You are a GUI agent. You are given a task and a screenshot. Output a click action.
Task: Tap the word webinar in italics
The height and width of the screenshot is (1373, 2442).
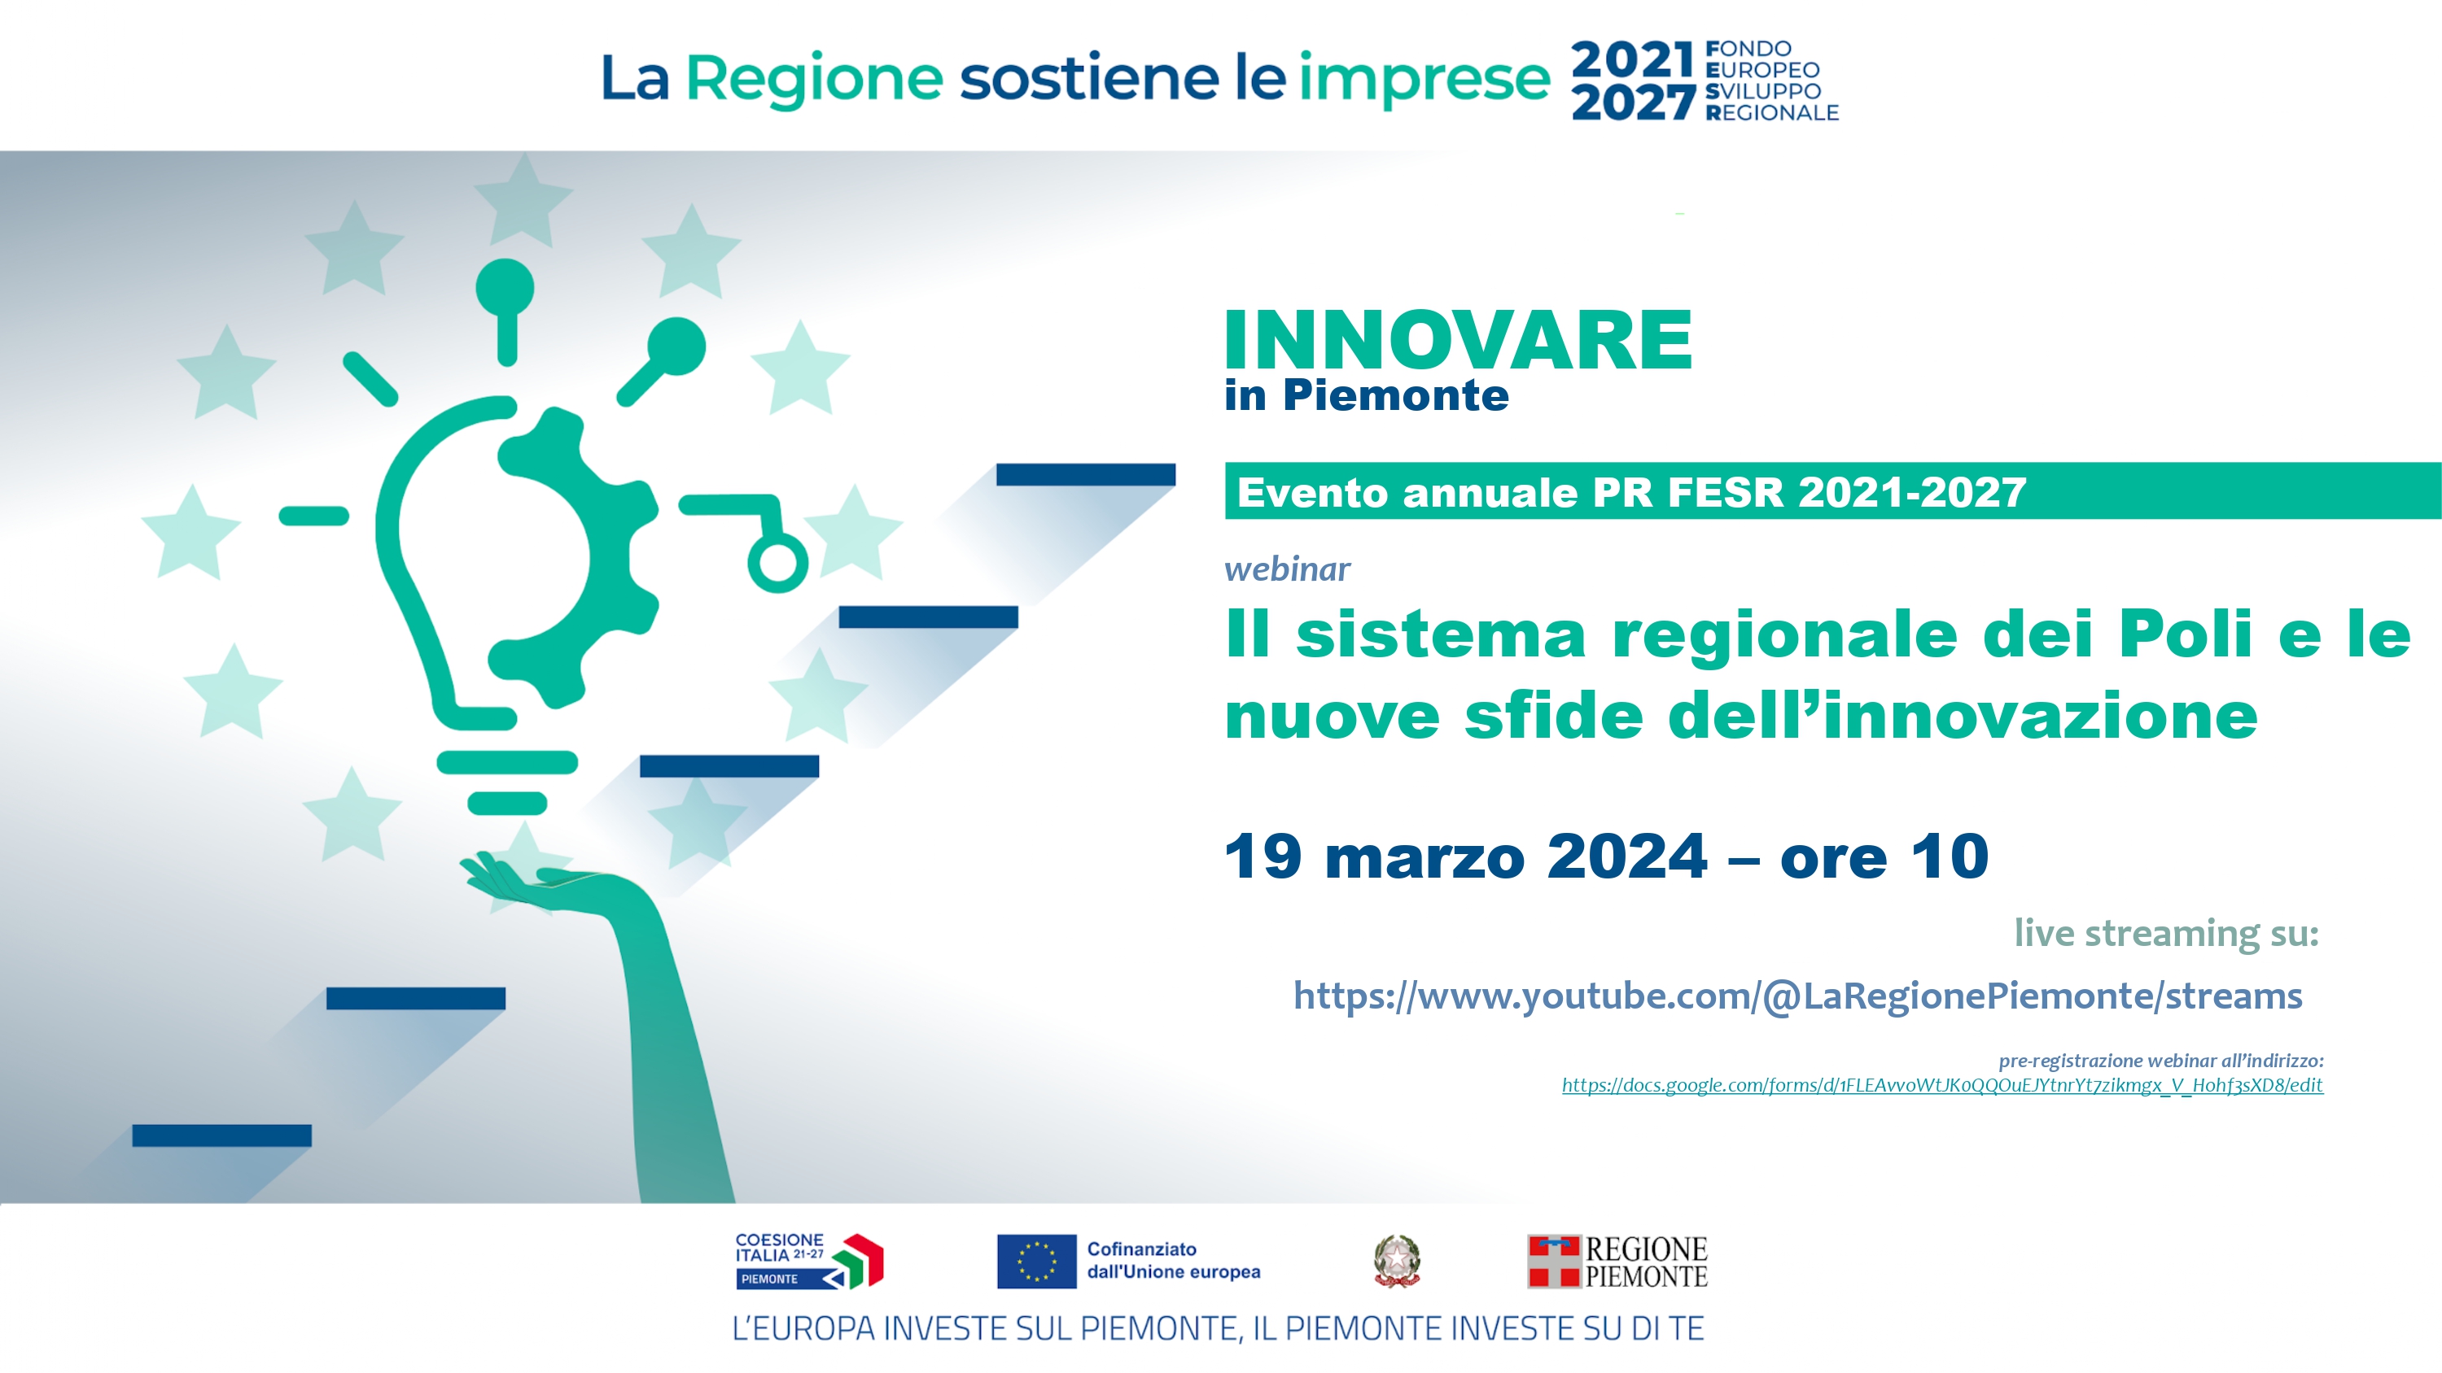click(1286, 569)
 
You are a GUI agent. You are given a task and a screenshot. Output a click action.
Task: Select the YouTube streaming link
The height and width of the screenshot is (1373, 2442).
click(1797, 996)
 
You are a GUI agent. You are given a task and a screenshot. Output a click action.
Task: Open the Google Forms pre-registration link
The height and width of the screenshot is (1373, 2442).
click(1942, 1085)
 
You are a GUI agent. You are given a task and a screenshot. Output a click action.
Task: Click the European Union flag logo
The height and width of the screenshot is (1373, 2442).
click(1036, 1262)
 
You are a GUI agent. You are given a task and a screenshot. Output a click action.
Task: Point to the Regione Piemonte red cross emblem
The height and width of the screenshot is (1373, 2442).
click(1554, 1262)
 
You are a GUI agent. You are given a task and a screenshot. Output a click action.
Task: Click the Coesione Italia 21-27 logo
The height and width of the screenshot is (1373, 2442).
click(808, 1262)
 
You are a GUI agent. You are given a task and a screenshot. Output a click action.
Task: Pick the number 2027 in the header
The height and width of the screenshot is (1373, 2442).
click(1632, 102)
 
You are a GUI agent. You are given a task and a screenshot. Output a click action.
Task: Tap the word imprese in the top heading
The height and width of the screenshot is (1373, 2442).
click(1424, 78)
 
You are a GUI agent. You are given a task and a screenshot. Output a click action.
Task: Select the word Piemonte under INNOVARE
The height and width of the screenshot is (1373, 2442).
click(1395, 395)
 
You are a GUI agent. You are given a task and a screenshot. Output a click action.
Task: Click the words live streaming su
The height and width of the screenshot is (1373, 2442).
click(2166, 933)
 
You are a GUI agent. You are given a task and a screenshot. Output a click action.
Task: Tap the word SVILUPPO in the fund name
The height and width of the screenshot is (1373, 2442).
click(1763, 91)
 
